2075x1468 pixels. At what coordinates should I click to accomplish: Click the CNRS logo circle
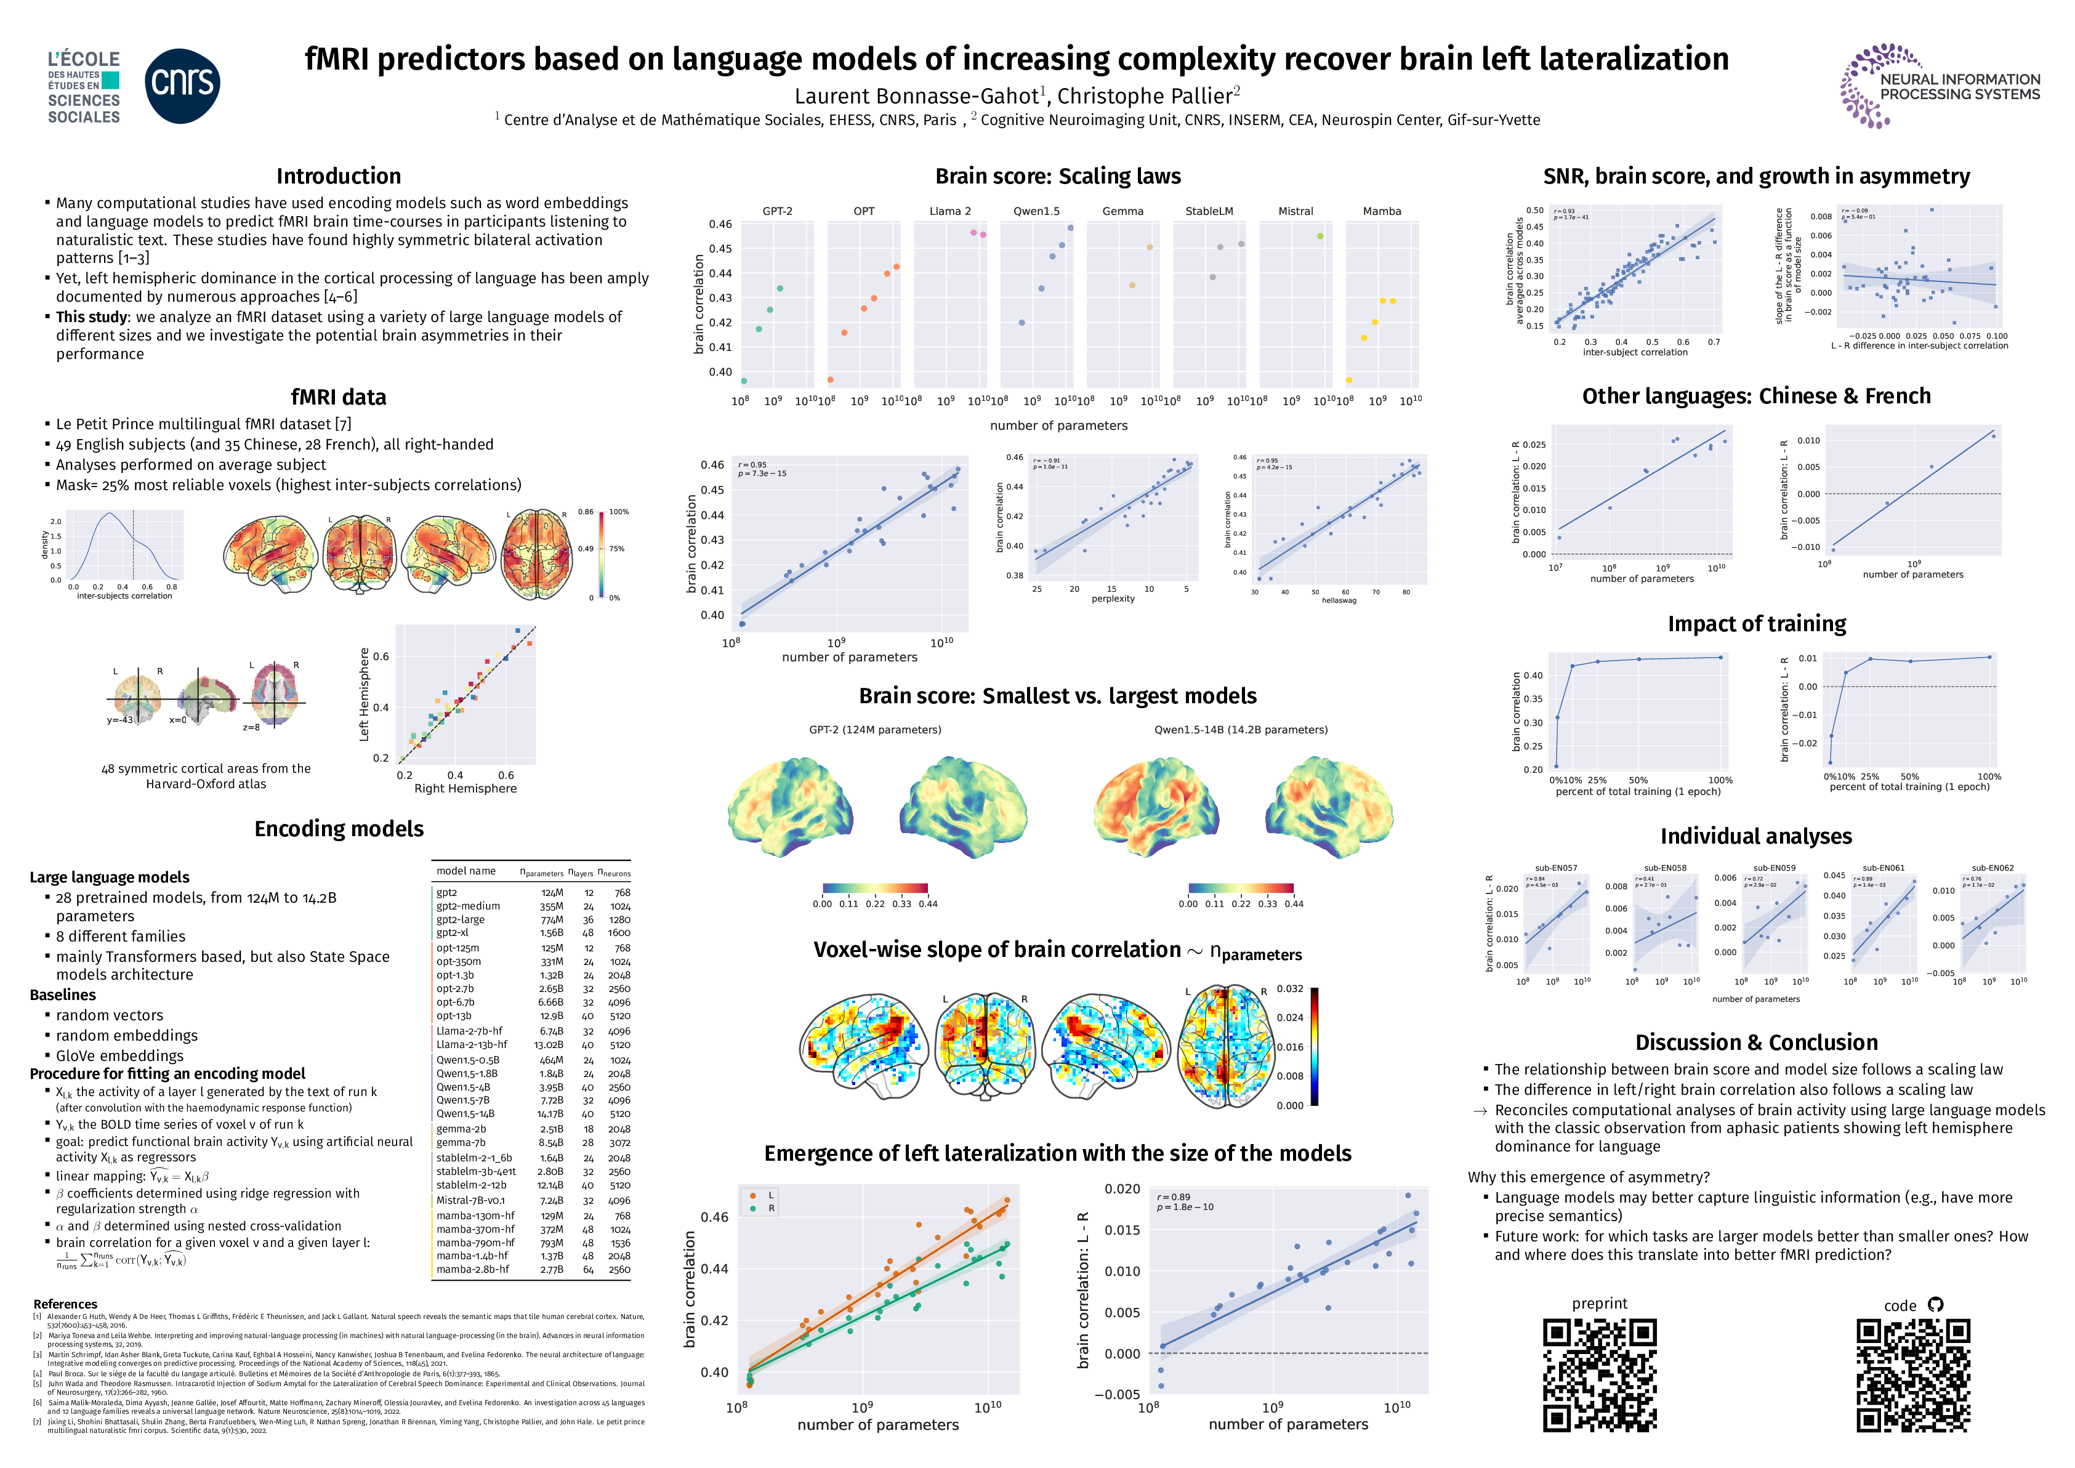click(182, 86)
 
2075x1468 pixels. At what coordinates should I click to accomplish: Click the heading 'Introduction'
click(338, 176)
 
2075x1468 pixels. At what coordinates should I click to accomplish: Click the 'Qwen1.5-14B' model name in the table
click(465, 1114)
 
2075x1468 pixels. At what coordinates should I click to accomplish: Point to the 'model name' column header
click(465, 871)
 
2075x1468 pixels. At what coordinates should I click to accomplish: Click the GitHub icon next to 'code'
click(1935, 1304)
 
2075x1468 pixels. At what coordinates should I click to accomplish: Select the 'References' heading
click(65, 1304)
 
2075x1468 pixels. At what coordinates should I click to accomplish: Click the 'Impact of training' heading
click(1756, 624)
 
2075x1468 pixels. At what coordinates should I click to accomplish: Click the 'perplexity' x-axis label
click(1113, 599)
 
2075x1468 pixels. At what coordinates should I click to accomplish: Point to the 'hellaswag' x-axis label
click(1339, 600)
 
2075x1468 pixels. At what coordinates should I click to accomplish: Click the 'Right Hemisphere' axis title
click(465, 788)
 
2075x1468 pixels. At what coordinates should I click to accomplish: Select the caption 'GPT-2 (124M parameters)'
click(875, 730)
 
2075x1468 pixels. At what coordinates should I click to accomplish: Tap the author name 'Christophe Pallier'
click(1144, 96)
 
